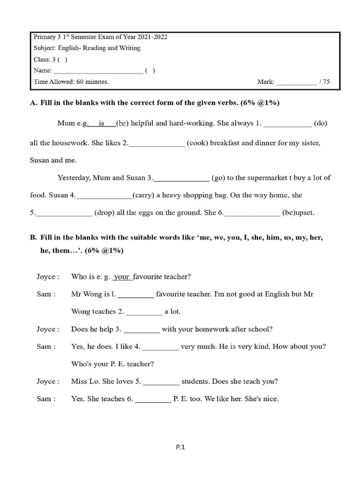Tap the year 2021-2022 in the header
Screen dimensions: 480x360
tap(150, 37)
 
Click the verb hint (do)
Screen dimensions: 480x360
tap(321, 123)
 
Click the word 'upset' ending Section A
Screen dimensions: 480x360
tap(304, 212)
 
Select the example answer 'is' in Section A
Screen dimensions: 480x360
tap(101, 123)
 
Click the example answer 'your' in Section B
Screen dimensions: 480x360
tap(122, 277)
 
